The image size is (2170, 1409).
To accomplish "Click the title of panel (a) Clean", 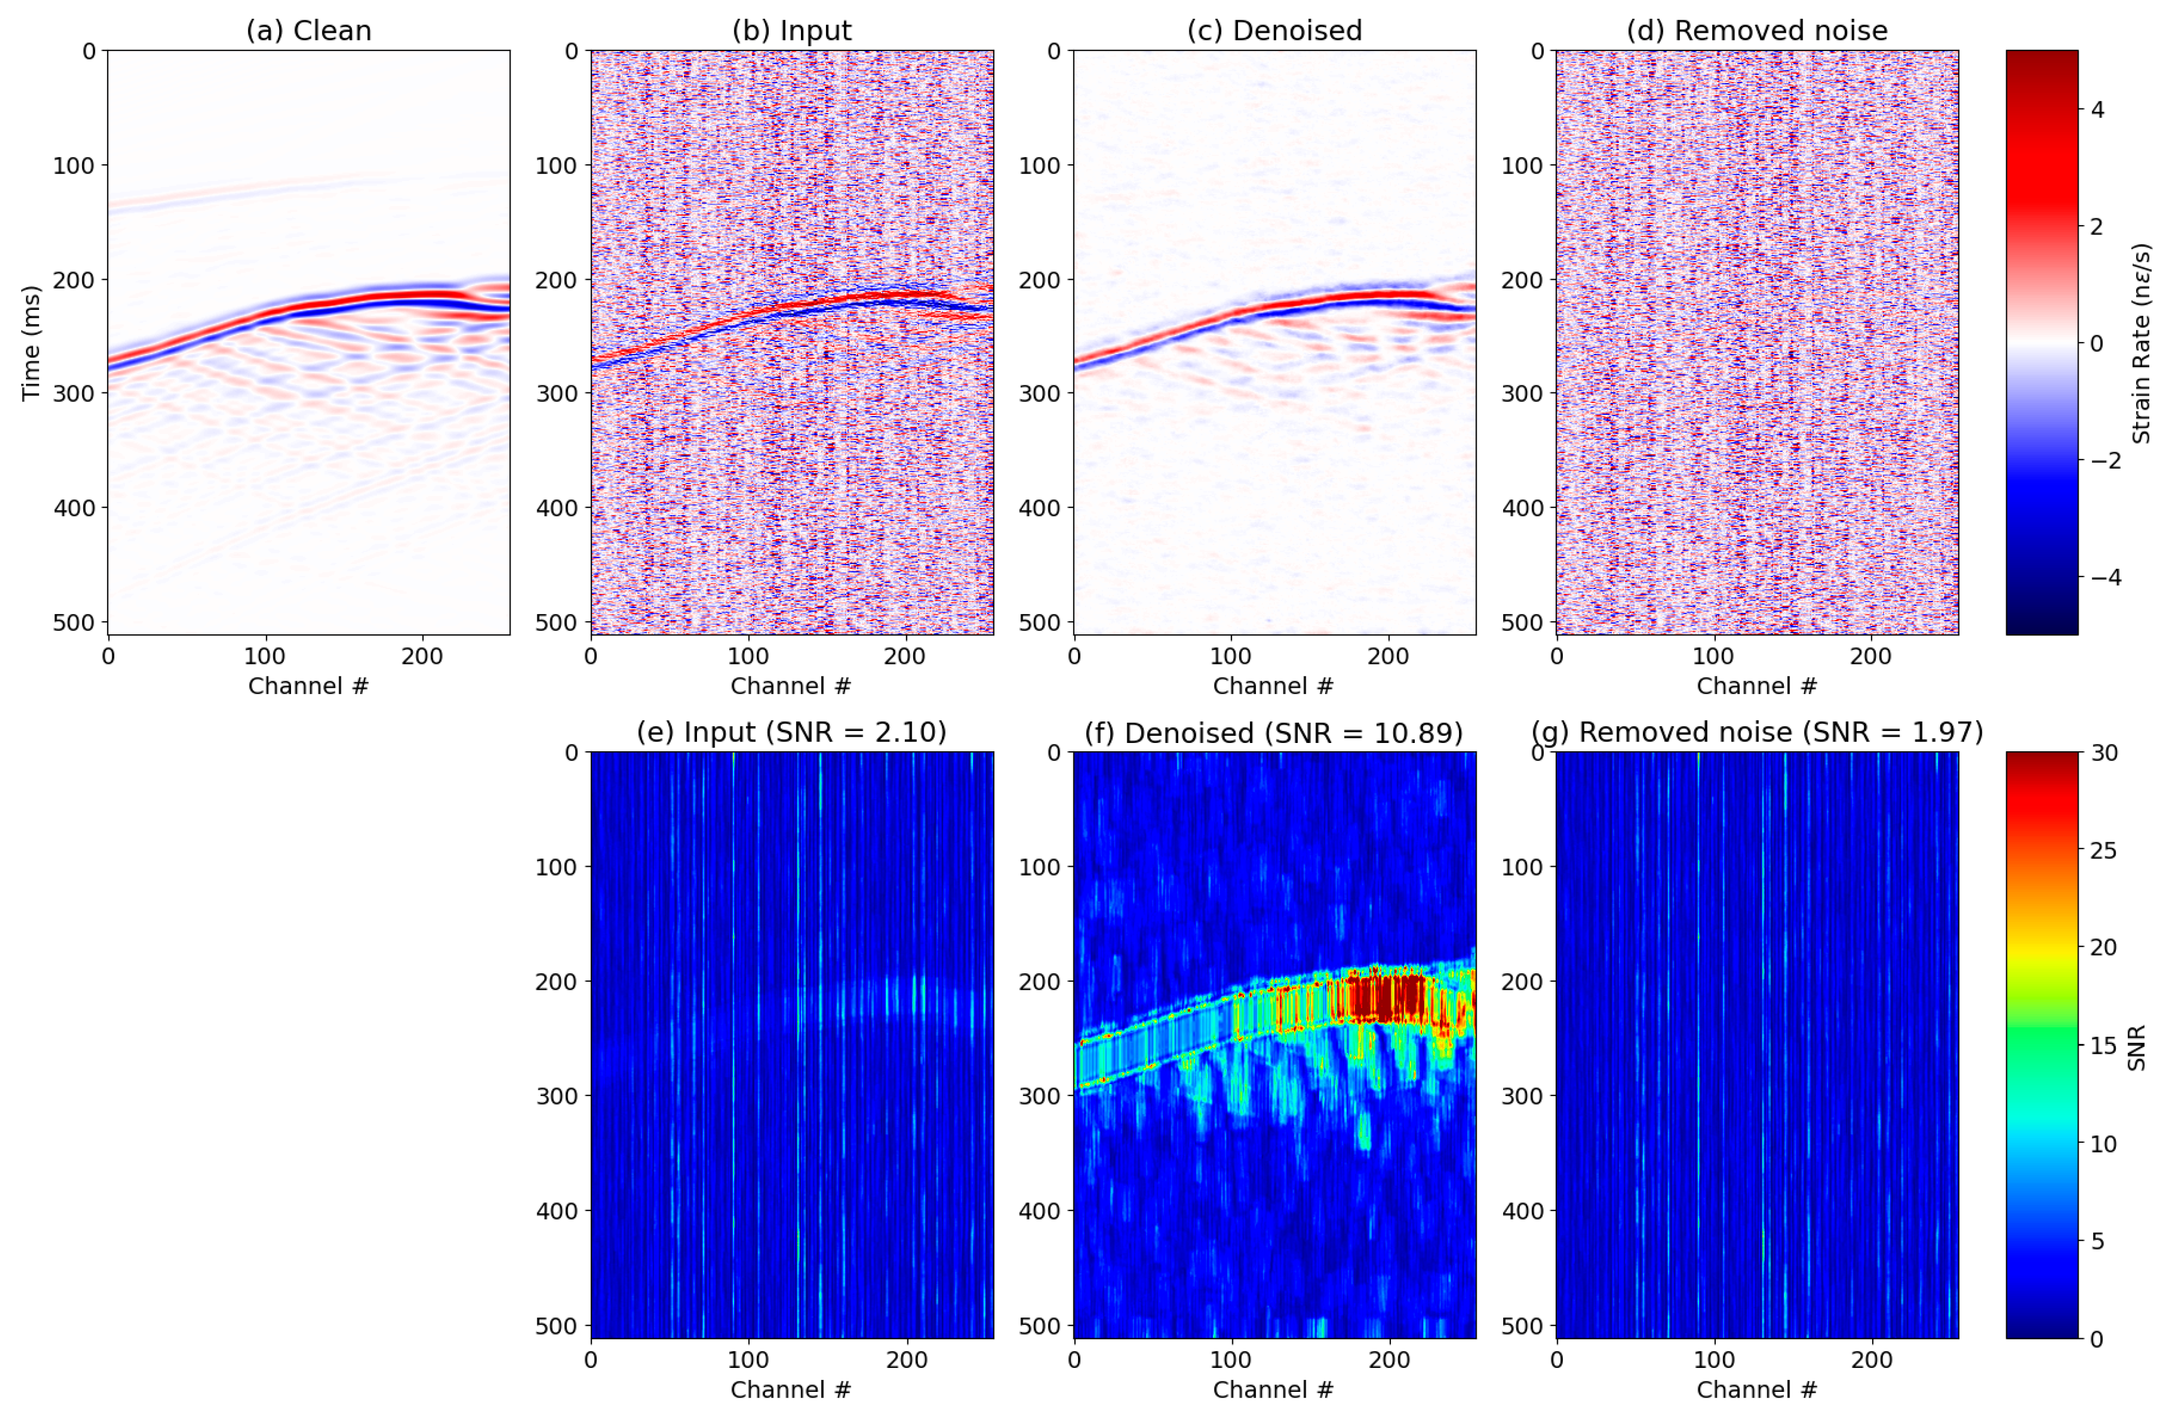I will pos(308,31).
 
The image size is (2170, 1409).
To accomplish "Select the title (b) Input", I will pos(792,31).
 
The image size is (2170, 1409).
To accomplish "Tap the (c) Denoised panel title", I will pos(1274,31).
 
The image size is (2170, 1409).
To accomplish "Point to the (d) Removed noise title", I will pos(1757,31).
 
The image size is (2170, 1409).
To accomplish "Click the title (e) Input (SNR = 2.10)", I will pos(792,732).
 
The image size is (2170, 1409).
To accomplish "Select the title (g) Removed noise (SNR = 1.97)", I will pos(1757,732).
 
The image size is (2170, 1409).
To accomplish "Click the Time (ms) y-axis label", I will pos(31,343).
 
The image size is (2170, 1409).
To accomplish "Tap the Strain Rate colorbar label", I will pos(2141,343).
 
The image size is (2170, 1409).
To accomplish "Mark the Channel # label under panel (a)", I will pos(308,686).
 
